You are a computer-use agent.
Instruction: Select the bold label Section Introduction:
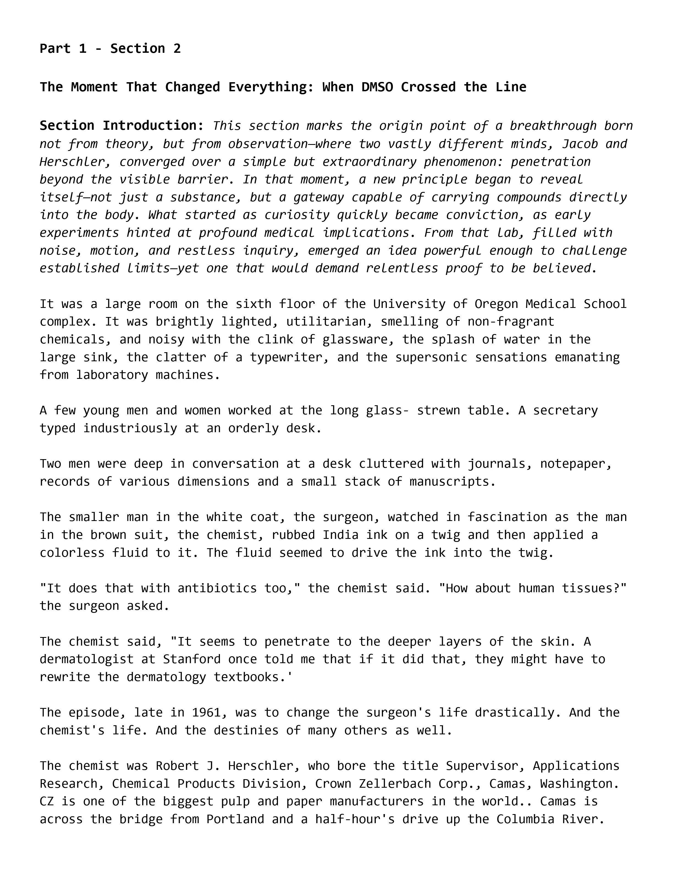pyautogui.click(x=122, y=126)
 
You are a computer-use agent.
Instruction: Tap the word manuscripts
pyautogui.click(x=453, y=481)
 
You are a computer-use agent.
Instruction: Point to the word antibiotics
pyautogui.click(x=217, y=588)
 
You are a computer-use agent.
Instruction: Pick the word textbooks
pyautogui.click(x=250, y=677)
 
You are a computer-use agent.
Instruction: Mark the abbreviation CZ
pyautogui.click(x=47, y=802)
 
